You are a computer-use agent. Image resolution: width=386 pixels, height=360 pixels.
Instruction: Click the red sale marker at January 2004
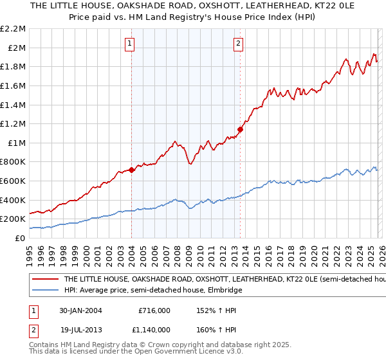click(x=131, y=170)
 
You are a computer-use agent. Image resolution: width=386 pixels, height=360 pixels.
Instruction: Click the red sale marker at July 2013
click(x=240, y=129)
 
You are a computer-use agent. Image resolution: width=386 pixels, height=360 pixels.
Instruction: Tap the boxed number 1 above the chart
click(x=130, y=44)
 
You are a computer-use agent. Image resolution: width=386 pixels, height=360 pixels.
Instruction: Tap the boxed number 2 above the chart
click(x=238, y=44)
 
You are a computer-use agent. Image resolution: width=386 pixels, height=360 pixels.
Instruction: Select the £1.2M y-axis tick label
click(x=14, y=123)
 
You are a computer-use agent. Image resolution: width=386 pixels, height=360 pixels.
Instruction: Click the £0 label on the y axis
click(x=19, y=238)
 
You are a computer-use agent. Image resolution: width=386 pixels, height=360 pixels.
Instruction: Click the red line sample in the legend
click(x=45, y=280)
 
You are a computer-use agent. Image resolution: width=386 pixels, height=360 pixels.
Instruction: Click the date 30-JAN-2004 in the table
click(x=80, y=310)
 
